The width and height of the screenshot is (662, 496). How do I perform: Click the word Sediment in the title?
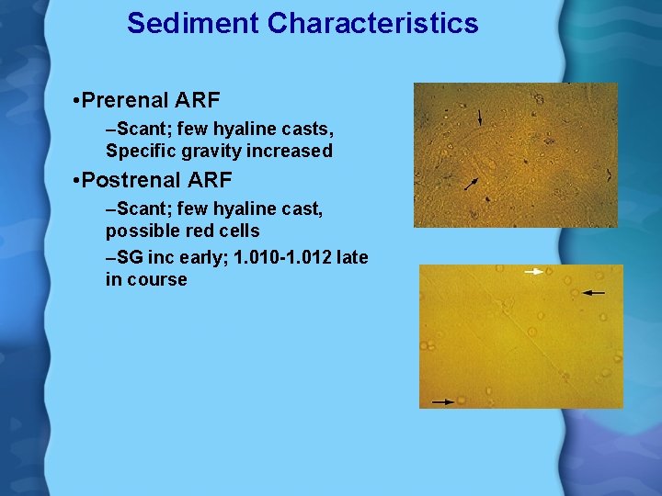tap(193, 23)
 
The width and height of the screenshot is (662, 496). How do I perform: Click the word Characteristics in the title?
tap(372, 23)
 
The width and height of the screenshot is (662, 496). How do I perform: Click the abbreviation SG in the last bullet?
tap(130, 258)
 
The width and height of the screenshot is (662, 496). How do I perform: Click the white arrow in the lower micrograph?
tap(533, 272)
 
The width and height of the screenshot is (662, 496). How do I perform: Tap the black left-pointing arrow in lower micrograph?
tap(594, 292)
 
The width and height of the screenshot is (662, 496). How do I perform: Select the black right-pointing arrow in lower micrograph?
tap(443, 401)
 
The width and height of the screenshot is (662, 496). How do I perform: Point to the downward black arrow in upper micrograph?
tap(479, 117)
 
